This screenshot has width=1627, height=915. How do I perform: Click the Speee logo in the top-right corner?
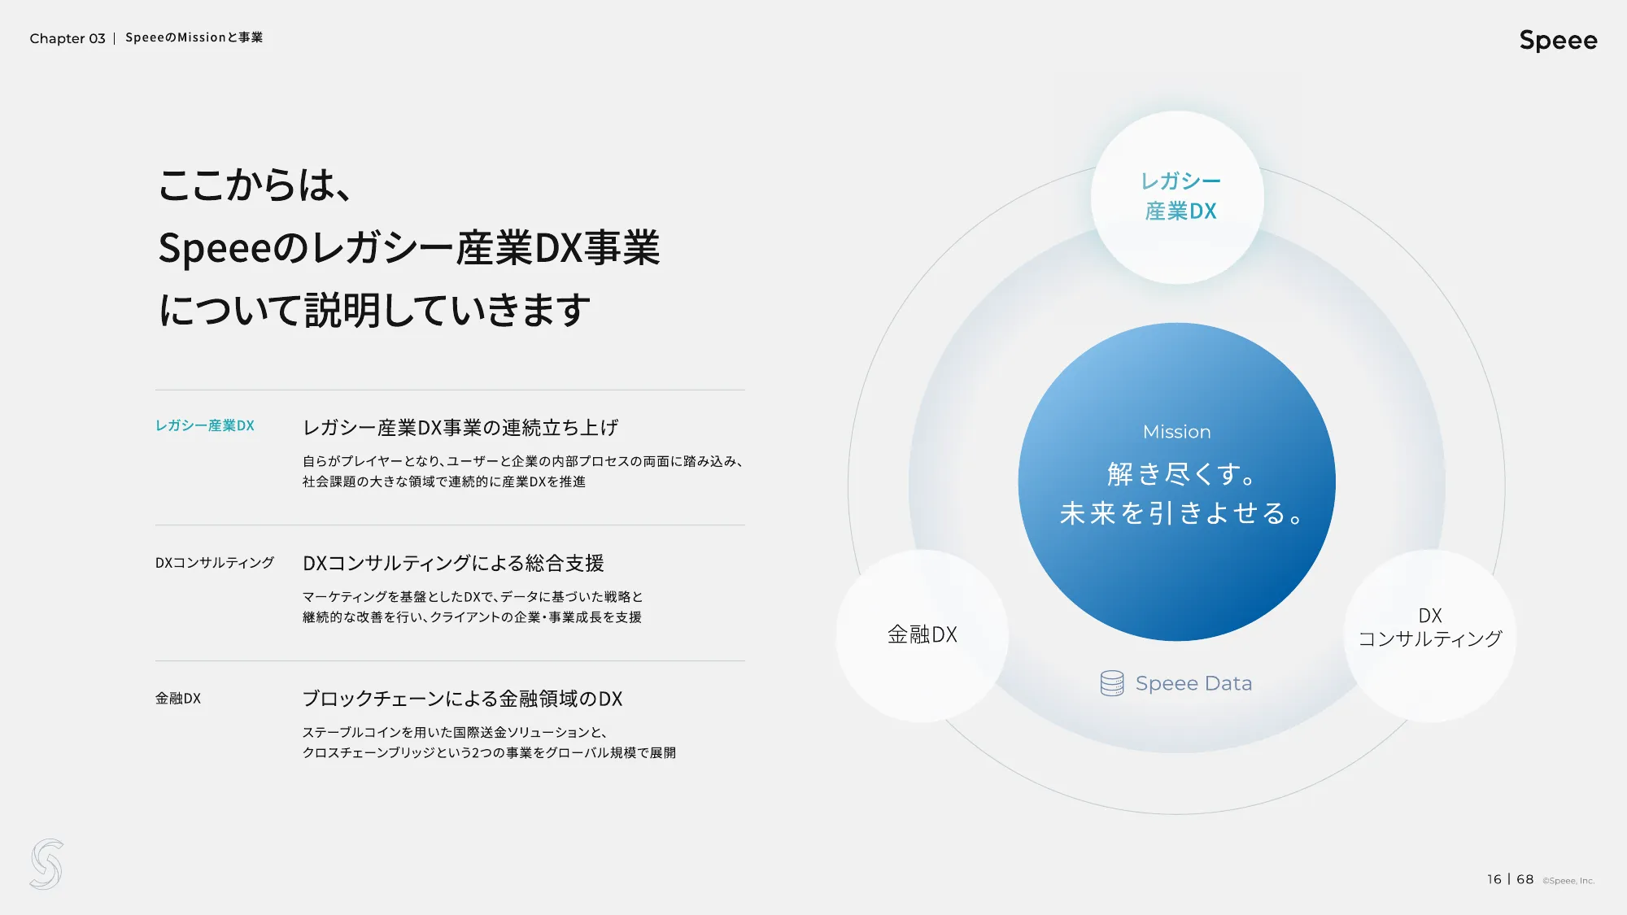tap(1558, 40)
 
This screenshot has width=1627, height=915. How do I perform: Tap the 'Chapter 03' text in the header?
tap(68, 38)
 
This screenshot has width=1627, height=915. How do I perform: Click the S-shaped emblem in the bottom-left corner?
tap(46, 864)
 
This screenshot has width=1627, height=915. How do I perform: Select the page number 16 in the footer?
tap(1494, 879)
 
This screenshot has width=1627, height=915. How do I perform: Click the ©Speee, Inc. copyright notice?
tap(1568, 881)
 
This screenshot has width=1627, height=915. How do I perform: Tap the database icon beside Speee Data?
tap(1111, 683)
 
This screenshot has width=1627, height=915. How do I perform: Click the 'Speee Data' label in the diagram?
tap(1193, 683)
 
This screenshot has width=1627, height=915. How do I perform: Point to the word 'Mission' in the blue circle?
tap(1176, 432)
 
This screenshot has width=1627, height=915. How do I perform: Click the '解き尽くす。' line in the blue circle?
tap(1181, 473)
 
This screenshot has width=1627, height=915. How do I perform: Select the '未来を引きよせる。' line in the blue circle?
tap(1181, 513)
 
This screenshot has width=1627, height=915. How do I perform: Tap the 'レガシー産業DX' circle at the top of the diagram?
tap(1177, 197)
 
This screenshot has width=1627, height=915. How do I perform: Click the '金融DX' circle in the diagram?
tap(922, 635)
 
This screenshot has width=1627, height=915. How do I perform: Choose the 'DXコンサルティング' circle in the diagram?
tap(1429, 629)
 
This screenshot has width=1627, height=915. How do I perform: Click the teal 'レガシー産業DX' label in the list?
tap(205, 425)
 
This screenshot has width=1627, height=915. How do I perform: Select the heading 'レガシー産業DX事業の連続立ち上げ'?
tap(460, 428)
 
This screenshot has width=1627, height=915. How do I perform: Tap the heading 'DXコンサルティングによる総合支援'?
tap(453, 563)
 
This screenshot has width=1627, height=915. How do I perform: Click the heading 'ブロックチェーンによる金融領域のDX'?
tap(462, 699)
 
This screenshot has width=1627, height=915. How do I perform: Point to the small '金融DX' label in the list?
tap(178, 699)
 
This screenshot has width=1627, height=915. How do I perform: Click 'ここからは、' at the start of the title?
tap(254, 185)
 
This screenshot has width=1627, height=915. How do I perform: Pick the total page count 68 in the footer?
tap(1524, 879)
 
